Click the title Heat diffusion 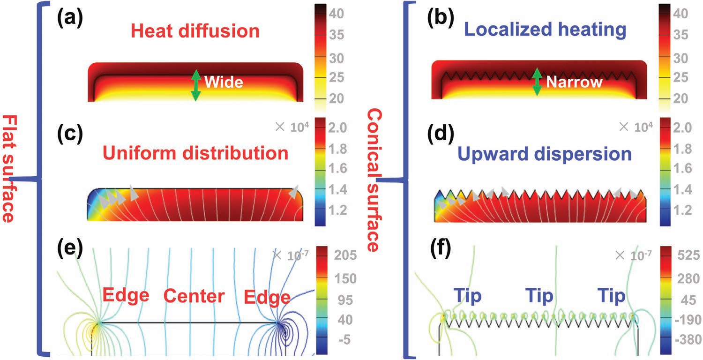coord(195,31)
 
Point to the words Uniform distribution coord(196,153)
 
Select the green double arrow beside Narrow coord(538,81)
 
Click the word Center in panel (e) coord(194,296)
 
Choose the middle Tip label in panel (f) coord(539,296)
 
